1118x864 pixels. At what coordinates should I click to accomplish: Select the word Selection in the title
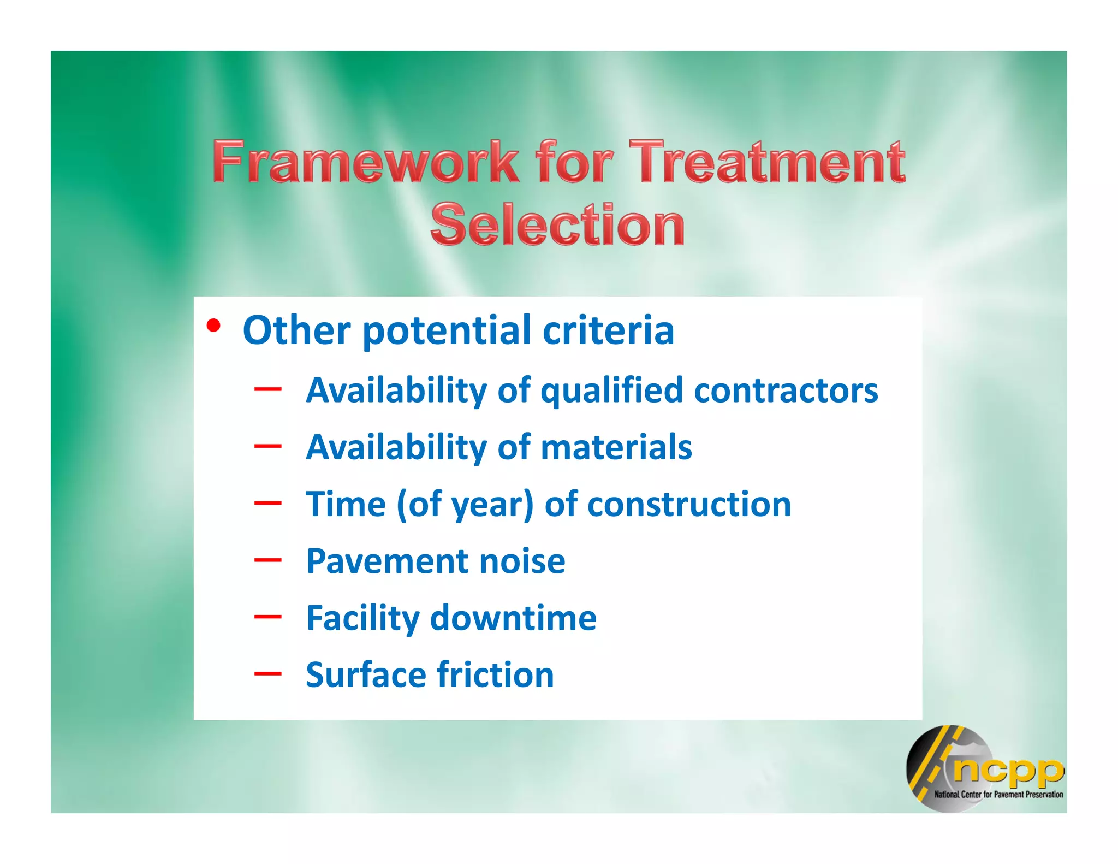tap(557, 224)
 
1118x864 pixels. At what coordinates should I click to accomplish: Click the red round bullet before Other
tap(213, 327)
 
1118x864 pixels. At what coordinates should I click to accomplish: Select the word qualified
tap(611, 392)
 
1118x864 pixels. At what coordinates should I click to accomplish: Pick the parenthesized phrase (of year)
tap(465, 505)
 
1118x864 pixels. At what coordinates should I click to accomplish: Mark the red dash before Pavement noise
tap(267, 560)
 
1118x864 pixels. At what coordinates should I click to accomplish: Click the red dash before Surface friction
tap(267, 673)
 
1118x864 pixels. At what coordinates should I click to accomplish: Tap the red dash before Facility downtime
tap(267, 617)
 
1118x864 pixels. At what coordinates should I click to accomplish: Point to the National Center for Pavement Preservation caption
tap(998, 795)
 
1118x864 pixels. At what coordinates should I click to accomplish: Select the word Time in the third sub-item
tap(346, 504)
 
